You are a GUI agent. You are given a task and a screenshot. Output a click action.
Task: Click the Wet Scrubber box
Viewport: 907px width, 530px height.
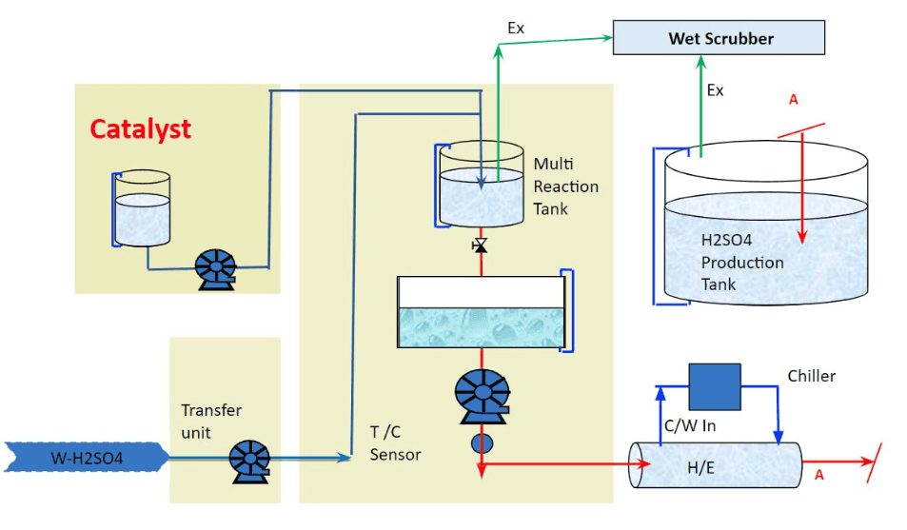[719, 39]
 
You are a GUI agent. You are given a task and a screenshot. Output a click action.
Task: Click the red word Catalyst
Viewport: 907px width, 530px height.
[141, 129]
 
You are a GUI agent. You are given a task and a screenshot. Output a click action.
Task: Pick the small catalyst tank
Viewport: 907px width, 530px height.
[142, 208]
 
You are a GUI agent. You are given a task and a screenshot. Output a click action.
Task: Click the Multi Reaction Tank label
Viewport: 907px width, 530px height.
[565, 186]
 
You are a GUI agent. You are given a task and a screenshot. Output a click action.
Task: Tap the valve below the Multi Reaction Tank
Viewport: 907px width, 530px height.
[480, 246]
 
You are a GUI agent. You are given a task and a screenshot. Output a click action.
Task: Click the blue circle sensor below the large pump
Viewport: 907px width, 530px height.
[483, 442]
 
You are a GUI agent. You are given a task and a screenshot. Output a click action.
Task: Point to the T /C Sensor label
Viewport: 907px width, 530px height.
[395, 443]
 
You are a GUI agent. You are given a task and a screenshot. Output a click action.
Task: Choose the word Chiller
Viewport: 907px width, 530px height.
[812, 376]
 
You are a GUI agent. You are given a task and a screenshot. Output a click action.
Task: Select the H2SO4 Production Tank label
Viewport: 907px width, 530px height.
[741, 263]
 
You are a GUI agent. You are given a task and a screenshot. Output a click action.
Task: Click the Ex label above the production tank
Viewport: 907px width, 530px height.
[716, 90]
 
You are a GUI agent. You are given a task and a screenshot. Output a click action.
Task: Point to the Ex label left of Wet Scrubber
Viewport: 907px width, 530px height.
[516, 29]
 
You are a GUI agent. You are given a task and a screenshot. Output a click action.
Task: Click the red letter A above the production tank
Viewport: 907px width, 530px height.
[793, 99]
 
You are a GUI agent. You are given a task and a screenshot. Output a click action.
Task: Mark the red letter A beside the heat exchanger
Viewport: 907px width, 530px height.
[818, 475]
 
